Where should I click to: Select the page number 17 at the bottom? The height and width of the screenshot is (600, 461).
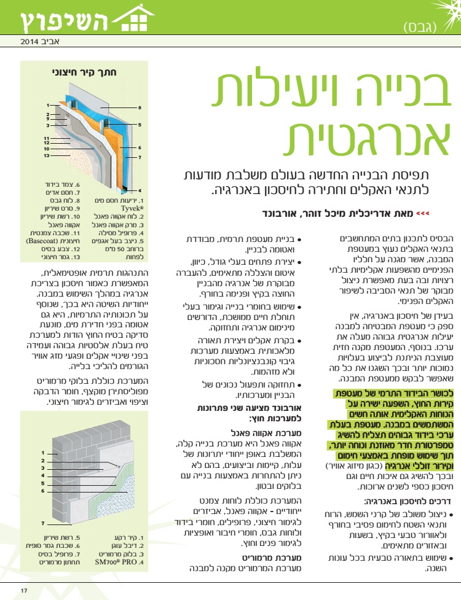[24, 591]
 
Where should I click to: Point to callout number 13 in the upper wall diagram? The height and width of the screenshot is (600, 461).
[47, 155]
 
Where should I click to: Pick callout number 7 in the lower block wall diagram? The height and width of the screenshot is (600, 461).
[43, 523]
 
